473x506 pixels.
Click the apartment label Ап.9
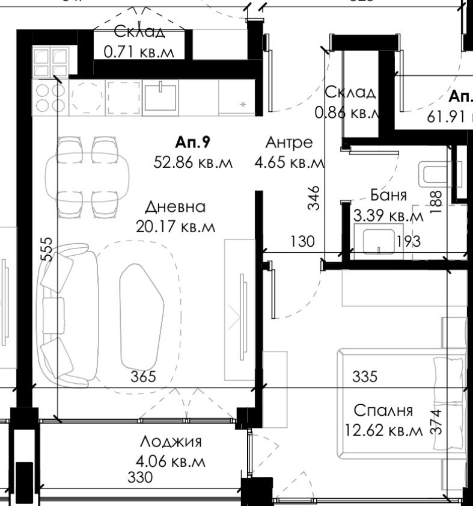tap(192, 143)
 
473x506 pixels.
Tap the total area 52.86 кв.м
tap(192, 162)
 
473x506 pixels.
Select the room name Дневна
tap(175, 207)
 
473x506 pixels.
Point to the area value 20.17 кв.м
tap(175, 227)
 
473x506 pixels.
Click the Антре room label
tap(289, 143)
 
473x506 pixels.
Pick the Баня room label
tap(388, 195)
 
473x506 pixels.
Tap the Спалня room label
tap(383, 411)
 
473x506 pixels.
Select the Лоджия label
tap(171, 442)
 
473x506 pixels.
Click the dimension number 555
tap(47, 249)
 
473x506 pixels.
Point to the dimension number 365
tap(144, 377)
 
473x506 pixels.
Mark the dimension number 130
tap(302, 242)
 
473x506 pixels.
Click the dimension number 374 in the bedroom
tap(437, 422)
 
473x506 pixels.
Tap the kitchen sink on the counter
tap(160, 96)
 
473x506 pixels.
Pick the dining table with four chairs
tap(87, 176)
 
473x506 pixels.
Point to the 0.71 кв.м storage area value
tap(139, 52)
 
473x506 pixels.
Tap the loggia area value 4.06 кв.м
tap(171, 462)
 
